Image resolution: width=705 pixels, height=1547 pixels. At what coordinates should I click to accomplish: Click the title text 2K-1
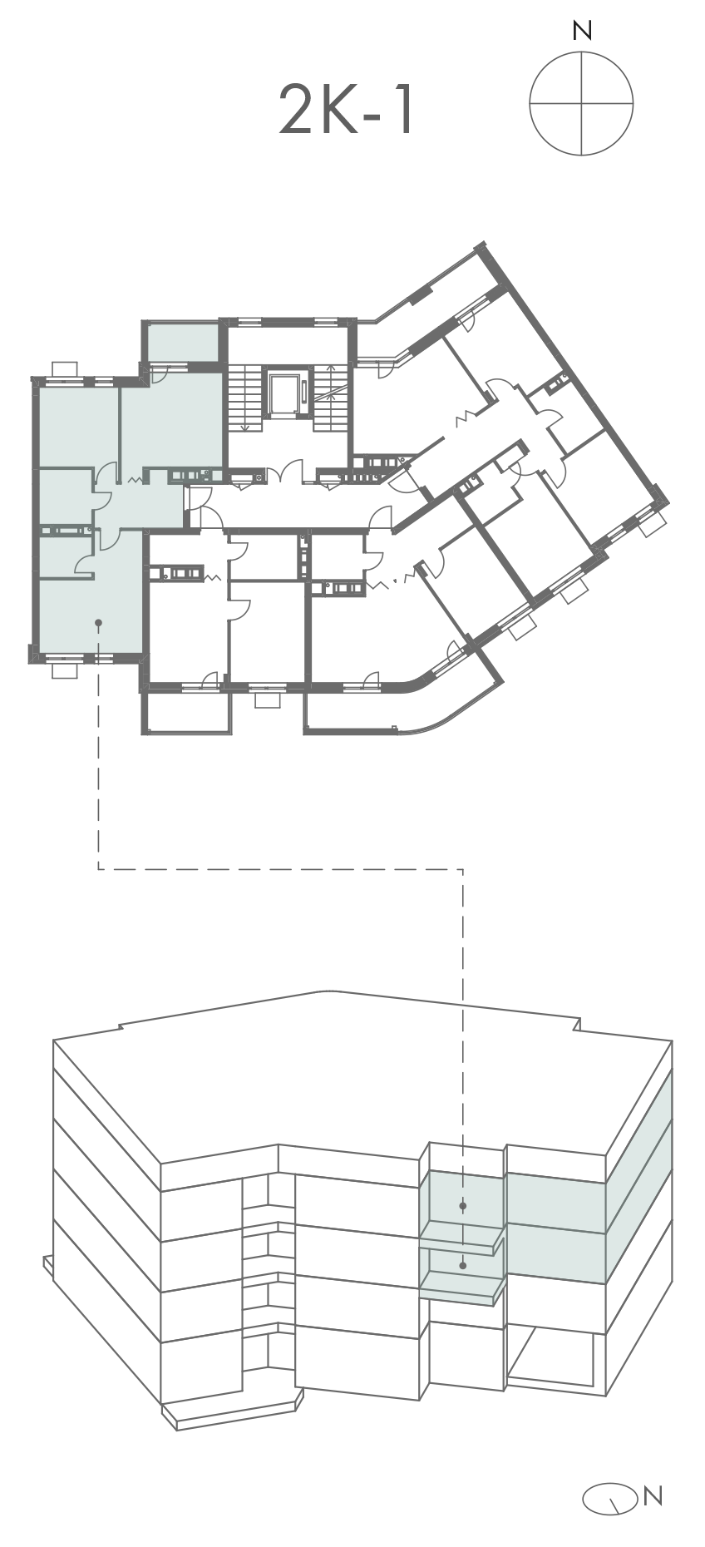346,111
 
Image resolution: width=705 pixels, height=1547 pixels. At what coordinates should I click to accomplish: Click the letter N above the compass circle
582,32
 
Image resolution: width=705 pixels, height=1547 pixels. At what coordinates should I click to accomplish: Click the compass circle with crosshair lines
581,103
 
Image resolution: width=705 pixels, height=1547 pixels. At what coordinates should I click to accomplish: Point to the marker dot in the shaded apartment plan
98,621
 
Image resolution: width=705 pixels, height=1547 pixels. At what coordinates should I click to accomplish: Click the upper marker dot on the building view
463,1205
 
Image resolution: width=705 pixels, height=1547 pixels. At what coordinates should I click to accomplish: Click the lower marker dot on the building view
463,1265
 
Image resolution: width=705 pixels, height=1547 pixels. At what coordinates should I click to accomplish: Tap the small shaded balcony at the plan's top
183,342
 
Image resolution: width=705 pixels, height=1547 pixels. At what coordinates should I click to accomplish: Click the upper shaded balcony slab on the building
463,1237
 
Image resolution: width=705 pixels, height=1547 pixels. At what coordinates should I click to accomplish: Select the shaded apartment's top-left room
78,428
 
